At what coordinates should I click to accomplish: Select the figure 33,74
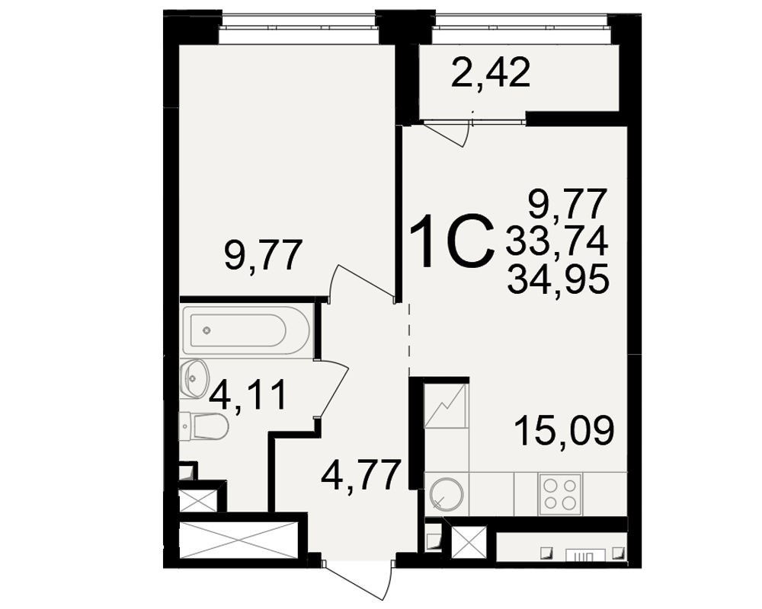557,241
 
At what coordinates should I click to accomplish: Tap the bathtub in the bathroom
245,330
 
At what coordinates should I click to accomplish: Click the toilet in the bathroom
203,427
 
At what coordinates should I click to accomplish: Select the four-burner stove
560,494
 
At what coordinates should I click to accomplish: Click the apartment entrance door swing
360,581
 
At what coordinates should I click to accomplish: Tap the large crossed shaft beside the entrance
238,540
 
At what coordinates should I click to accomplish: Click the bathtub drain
207,330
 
